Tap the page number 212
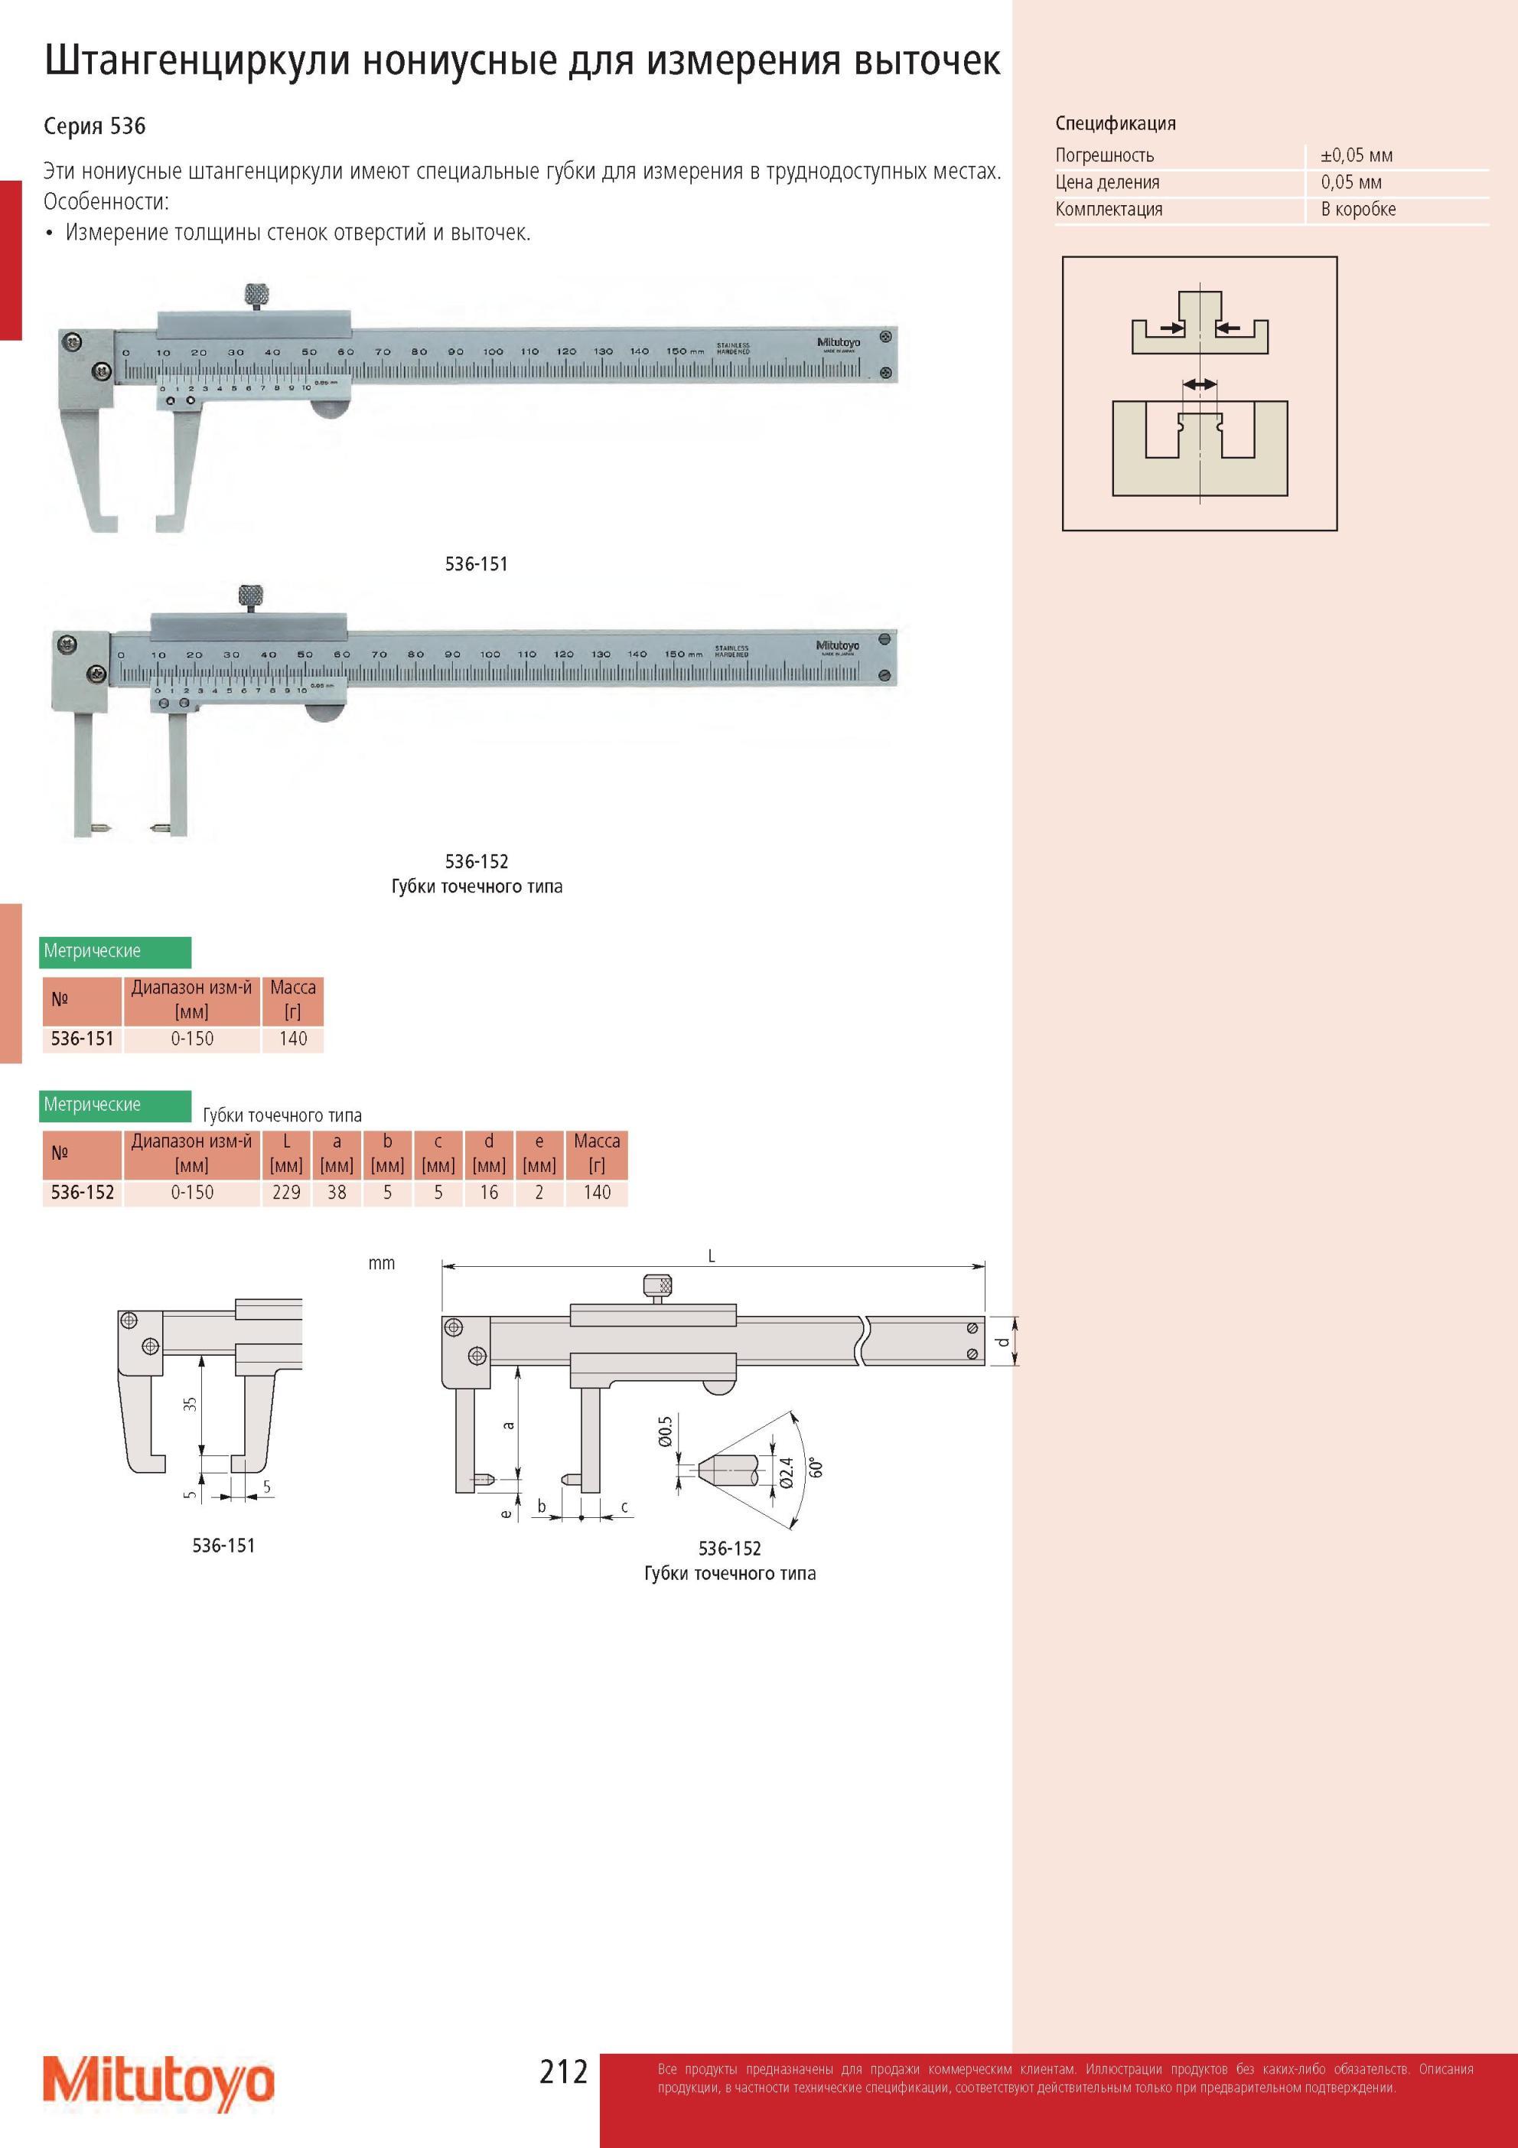pos(563,2071)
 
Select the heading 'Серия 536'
pos(94,126)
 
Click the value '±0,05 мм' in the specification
pos(1357,155)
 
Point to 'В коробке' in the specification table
pos(1358,210)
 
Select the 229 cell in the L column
pos(286,1193)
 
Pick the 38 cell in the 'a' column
pos(337,1193)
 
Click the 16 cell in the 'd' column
pos(489,1193)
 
